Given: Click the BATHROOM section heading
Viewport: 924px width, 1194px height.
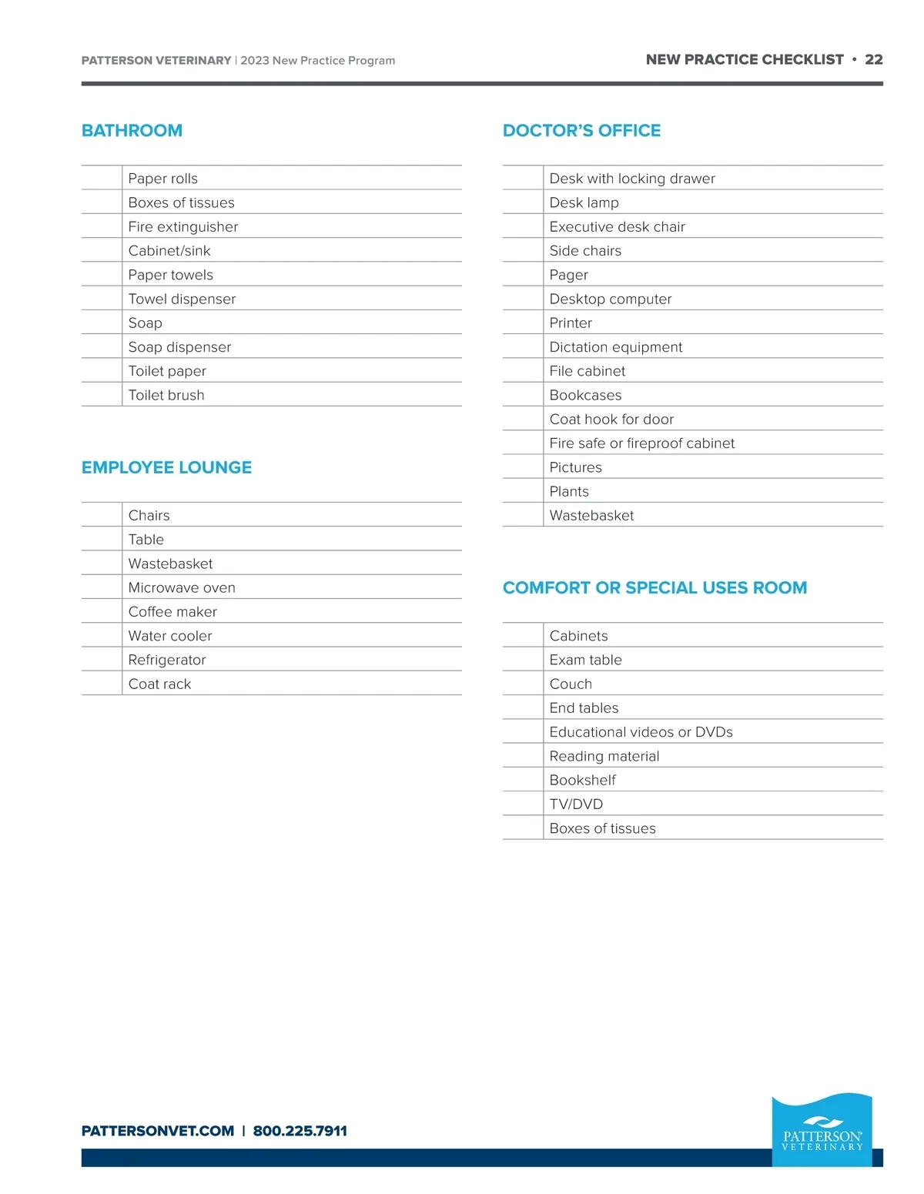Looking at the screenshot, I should click(x=132, y=131).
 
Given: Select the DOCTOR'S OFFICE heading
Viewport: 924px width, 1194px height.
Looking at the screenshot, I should click(x=581, y=131).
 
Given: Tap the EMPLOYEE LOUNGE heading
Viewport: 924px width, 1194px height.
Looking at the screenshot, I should click(x=166, y=467).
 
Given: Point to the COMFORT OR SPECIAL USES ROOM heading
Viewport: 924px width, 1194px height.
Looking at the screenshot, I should click(x=654, y=587).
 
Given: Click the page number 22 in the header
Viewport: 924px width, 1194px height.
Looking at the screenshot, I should click(x=873, y=59).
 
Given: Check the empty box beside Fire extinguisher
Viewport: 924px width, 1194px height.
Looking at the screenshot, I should click(x=102, y=226).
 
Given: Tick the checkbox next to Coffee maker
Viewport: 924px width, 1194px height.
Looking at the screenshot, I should click(x=102, y=611).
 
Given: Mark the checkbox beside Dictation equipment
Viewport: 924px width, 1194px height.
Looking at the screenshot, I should click(x=523, y=346).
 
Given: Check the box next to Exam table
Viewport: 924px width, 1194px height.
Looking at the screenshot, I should click(x=523, y=660).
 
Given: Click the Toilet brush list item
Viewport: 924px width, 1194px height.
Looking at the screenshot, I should click(x=166, y=395).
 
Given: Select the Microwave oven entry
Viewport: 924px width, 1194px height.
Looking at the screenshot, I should click(x=182, y=587).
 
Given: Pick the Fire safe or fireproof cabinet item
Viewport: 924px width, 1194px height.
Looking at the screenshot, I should click(x=641, y=443).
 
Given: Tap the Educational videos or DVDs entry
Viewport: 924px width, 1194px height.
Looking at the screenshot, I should click(x=641, y=731).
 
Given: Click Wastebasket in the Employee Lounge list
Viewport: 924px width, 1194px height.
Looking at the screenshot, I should click(x=170, y=564).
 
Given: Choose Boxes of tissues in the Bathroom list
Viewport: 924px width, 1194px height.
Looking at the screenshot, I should click(x=181, y=202).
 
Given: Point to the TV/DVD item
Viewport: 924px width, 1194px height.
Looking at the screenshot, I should click(x=576, y=804).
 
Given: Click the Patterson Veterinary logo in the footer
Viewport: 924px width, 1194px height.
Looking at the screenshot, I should click(x=822, y=1130).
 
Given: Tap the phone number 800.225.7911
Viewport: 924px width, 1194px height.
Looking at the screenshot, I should click(x=300, y=1131).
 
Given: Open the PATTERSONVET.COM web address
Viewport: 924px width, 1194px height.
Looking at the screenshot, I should click(x=158, y=1131).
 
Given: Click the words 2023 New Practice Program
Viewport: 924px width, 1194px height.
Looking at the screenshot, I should click(x=317, y=60).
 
